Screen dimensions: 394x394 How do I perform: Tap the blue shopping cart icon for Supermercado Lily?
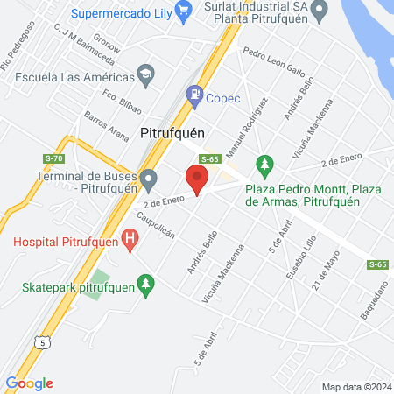pyautogui.click(x=184, y=11)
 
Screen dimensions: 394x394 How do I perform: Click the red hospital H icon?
pyautogui.click(x=130, y=237)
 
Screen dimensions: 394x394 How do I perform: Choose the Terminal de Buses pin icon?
pyautogui.click(x=149, y=182)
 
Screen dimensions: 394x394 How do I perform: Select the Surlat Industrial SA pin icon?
pyautogui.click(x=320, y=11)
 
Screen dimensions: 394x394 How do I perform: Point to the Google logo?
pyautogui.click(x=29, y=383)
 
